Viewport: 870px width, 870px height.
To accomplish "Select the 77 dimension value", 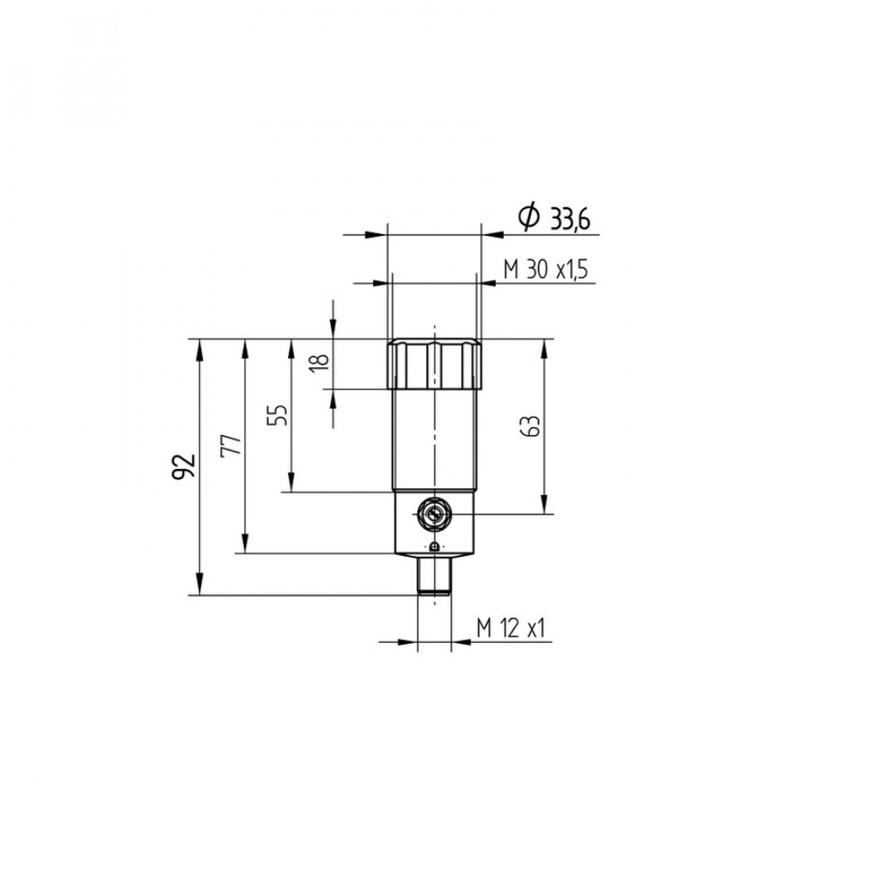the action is pos(231,444).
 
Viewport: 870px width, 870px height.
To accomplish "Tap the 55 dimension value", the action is pos(278,414).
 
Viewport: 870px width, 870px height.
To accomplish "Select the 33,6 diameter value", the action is pos(570,220).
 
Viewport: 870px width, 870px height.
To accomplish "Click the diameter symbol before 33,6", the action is pos(529,217).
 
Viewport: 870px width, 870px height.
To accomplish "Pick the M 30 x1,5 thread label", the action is pos(545,270).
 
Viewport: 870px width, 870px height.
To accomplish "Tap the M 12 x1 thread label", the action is pos(511,628).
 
